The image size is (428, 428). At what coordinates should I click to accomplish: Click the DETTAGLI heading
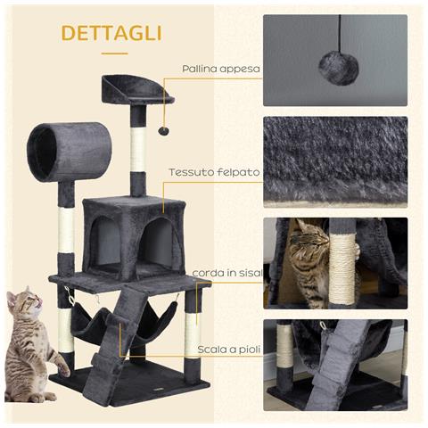tap(111, 34)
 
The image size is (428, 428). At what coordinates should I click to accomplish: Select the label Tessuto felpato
tap(214, 171)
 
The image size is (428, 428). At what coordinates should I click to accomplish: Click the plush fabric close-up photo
tap(335, 160)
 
